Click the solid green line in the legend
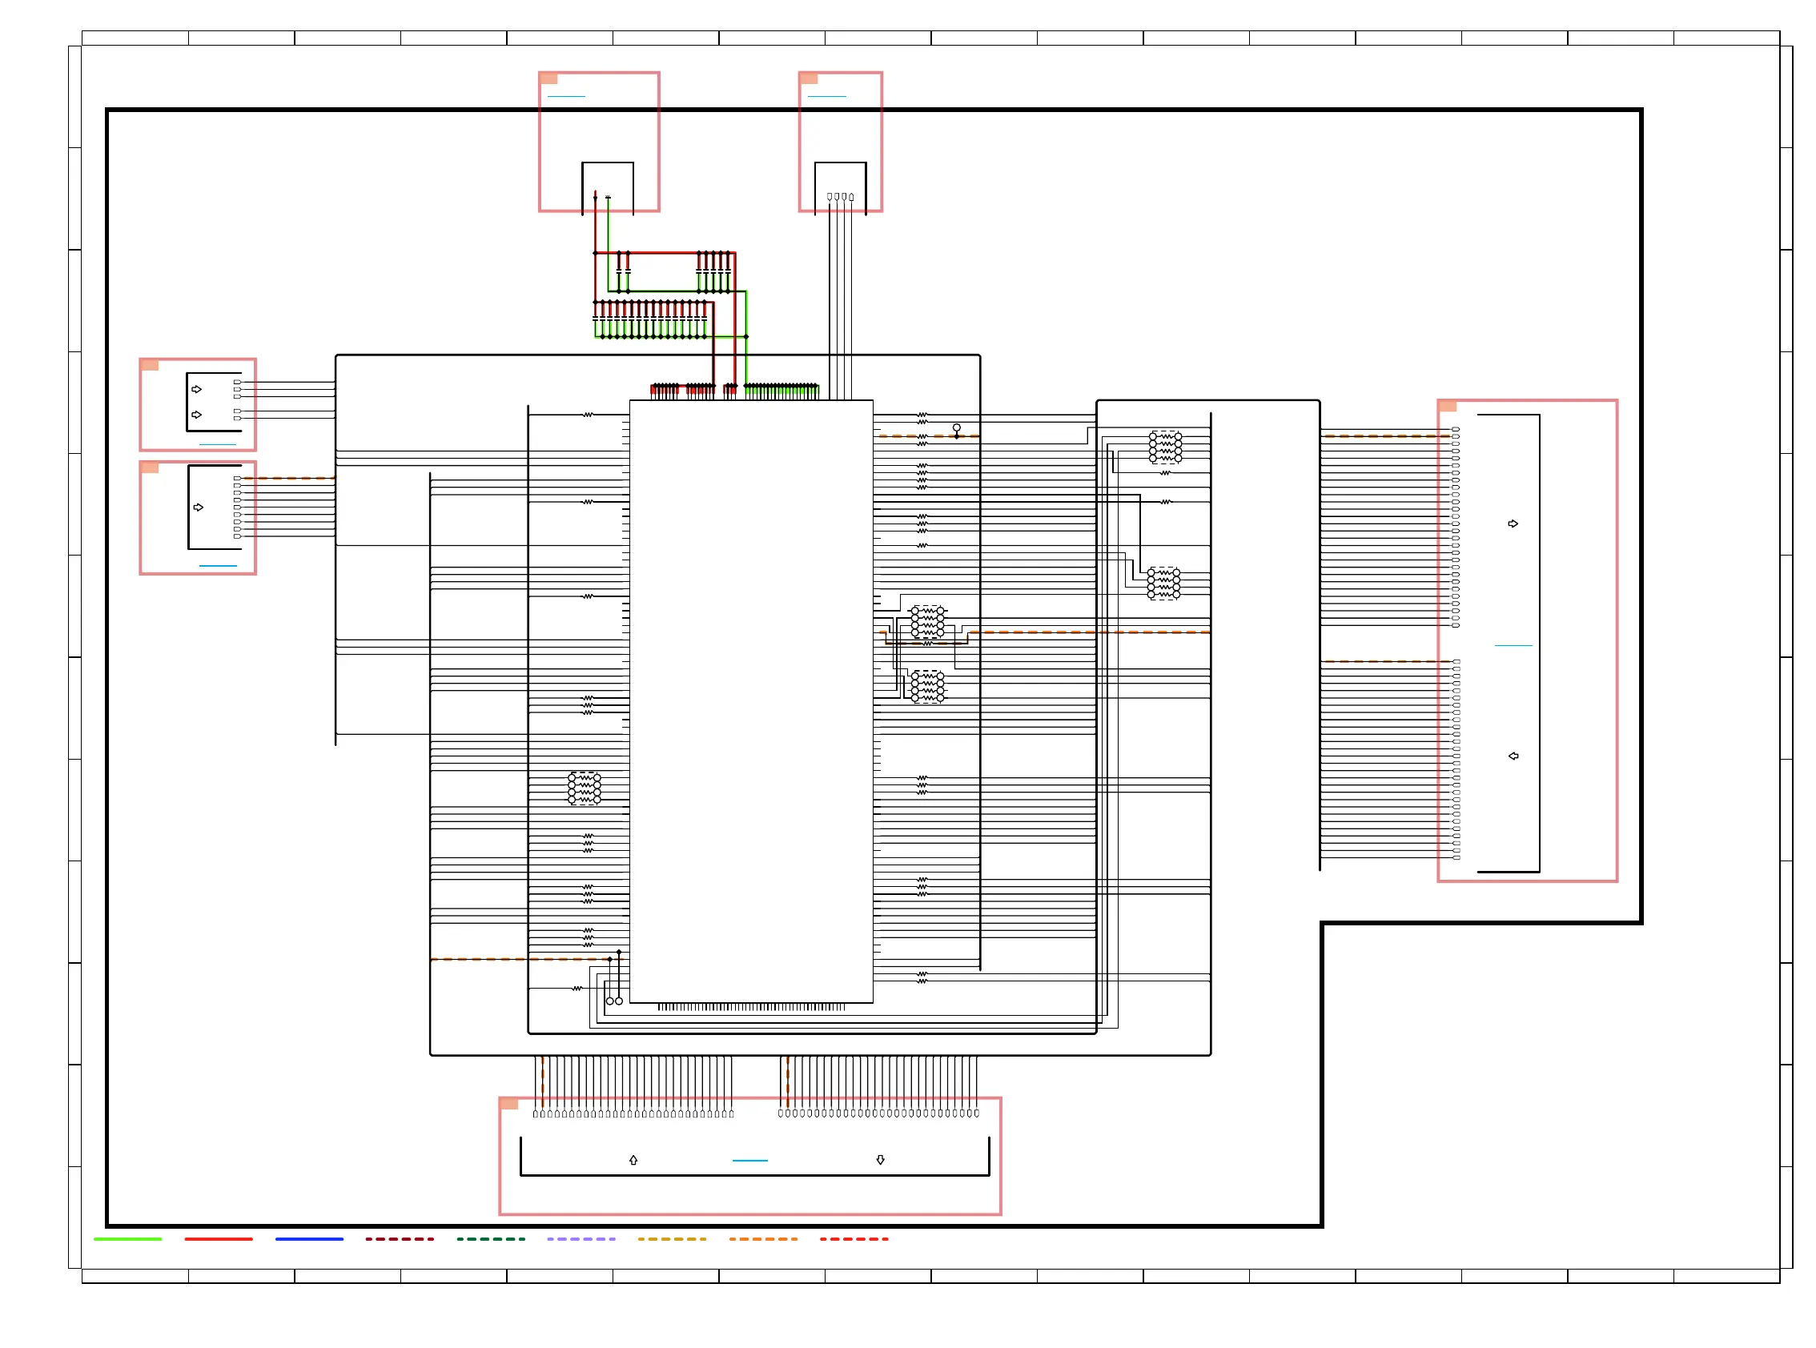[127, 1238]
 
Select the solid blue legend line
[309, 1238]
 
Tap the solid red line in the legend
[218, 1238]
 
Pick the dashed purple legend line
[581, 1238]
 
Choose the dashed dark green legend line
[491, 1238]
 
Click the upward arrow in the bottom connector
[633, 1160]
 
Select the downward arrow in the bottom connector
[880, 1160]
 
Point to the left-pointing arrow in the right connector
[1513, 756]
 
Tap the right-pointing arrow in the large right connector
[1513, 524]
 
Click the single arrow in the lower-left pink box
[199, 508]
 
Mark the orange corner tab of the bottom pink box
[509, 1104]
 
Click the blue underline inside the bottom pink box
[749, 1161]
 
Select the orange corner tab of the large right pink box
[1447, 407]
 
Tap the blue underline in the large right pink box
[1513, 645]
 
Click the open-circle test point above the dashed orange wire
[957, 427]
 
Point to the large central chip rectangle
[751, 702]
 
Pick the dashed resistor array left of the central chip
[585, 789]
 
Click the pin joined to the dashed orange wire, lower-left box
[238, 478]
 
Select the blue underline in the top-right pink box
[826, 96]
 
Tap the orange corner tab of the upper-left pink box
[150, 365]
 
